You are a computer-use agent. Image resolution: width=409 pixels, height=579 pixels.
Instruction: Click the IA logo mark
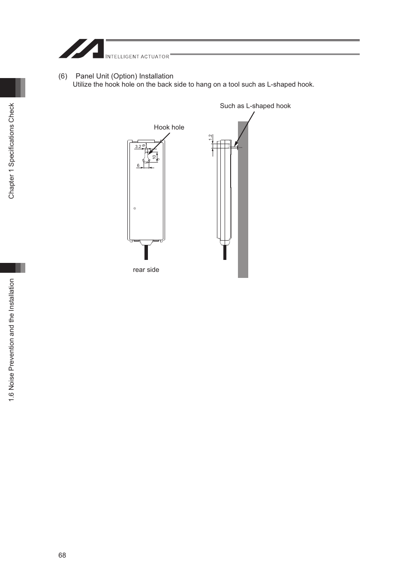click(81, 49)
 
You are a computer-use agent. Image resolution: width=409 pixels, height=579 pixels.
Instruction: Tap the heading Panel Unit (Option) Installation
click(124, 76)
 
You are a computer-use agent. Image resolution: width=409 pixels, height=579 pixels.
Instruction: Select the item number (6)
click(63, 76)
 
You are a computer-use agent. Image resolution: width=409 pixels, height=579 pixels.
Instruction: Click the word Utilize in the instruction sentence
click(82, 84)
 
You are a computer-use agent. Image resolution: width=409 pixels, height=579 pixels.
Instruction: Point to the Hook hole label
click(169, 127)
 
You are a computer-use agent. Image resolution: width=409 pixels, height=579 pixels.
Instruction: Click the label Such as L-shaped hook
click(255, 106)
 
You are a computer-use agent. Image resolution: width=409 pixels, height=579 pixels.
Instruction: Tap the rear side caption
click(146, 270)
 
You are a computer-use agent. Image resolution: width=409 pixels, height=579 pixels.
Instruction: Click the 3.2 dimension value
click(138, 147)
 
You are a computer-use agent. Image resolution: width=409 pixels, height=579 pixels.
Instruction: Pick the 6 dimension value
click(138, 166)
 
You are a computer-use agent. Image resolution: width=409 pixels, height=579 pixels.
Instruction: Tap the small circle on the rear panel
click(135, 208)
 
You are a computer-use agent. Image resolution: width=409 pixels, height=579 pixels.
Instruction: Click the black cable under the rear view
click(146, 252)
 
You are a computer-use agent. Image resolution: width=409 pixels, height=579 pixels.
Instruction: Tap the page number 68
click(62, 555)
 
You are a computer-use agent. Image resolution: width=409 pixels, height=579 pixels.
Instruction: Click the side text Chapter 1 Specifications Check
click(12, 151)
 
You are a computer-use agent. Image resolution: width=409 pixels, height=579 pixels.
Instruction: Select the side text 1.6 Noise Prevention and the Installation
click(12, 340)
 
